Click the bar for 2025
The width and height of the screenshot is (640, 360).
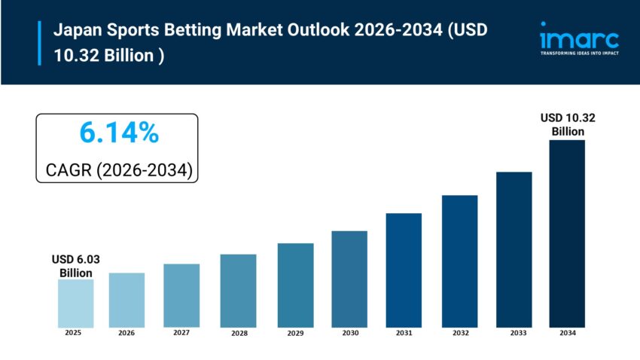point(76,303)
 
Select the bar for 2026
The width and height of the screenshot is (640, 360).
point(126,300)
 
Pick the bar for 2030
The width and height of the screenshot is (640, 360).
point(349,279)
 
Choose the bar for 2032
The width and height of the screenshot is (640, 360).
point(459,261)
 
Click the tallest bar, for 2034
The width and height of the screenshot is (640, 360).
point(567,233)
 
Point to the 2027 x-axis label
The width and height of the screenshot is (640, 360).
point(181,332)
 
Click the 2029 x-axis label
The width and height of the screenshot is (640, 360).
point(294,332)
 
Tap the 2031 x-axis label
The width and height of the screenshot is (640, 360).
point(404,332)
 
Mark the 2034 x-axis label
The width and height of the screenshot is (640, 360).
point(567,332)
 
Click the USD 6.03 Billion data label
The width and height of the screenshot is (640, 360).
point(75,266)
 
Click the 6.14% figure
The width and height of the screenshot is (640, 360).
point(118,133)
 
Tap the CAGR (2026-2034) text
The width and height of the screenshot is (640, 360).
point(117,170)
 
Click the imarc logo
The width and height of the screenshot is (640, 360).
point(579,37)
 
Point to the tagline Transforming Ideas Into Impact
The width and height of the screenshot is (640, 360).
point(579,53)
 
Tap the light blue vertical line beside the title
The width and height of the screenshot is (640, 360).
point(39,43)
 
